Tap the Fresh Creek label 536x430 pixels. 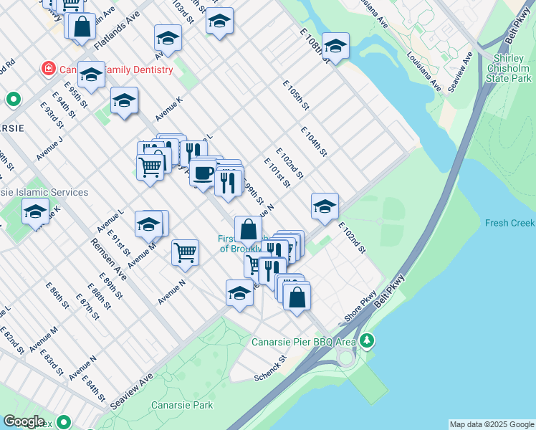tap(509, 223)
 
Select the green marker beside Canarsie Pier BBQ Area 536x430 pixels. tap(367, 339)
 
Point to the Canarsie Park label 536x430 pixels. tap(182, 405)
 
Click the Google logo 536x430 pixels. tap(24, 421)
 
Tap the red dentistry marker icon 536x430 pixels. tap(49, 70)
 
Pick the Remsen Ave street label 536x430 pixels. tap(108, 259)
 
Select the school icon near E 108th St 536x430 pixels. tap(335, 47)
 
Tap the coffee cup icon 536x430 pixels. tap(204, 172)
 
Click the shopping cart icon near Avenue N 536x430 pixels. tap(185, 252)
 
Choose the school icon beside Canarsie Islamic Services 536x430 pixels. tap(35, 211)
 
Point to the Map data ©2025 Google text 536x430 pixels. tap(492, 424)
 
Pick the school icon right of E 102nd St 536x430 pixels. tap(325, 206)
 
